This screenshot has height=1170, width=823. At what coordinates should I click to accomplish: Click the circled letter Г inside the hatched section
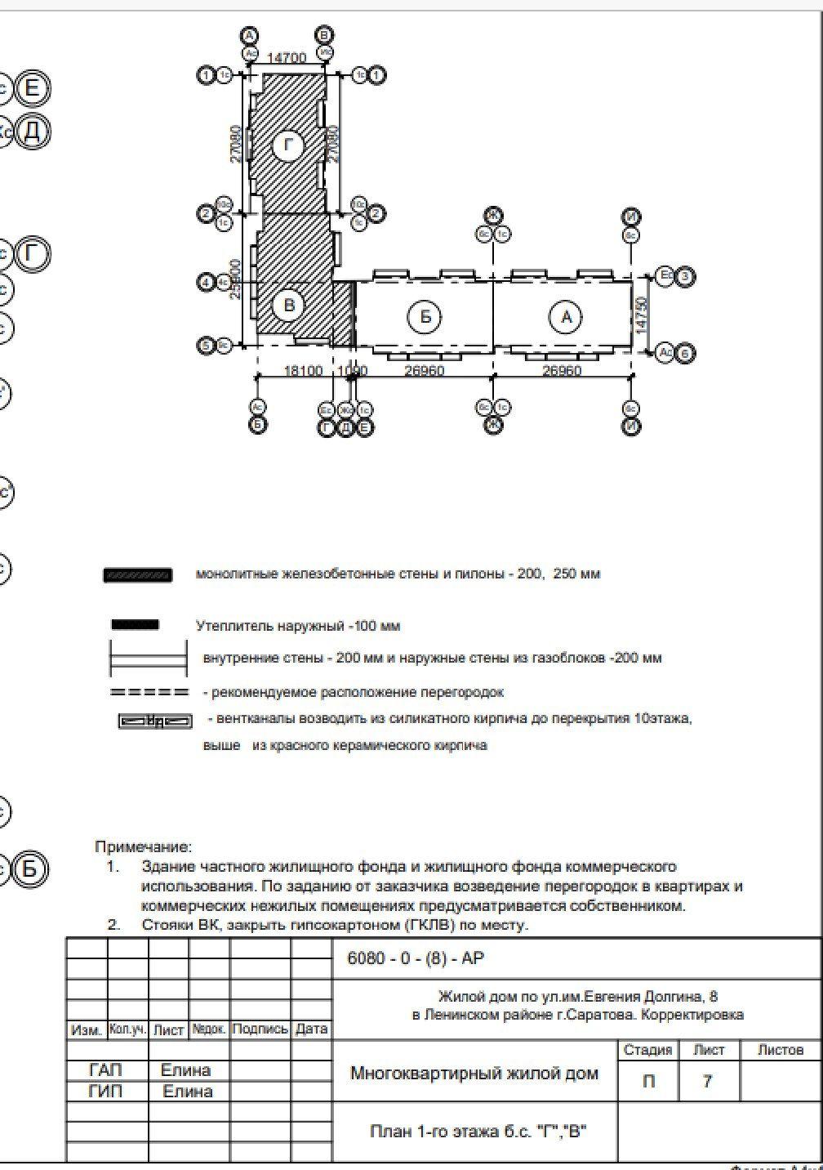287,146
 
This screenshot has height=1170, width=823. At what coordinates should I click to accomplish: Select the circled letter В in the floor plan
287,306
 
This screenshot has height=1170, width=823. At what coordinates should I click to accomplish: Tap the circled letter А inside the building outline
566,316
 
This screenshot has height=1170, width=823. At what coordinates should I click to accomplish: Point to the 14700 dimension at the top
287,58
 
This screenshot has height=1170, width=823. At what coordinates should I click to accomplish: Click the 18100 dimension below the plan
303,372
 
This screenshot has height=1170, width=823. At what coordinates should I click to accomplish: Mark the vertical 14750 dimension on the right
642,313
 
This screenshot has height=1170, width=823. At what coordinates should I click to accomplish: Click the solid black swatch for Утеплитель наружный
136,626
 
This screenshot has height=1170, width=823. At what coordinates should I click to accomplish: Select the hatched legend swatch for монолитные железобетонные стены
137,574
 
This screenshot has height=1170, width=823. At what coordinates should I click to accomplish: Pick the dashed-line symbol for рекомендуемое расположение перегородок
149,693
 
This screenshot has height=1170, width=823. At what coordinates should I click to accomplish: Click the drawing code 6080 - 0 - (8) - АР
416,959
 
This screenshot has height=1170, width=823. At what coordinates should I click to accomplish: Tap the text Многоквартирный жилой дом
474,1074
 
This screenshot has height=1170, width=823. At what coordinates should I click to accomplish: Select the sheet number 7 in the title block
707,1082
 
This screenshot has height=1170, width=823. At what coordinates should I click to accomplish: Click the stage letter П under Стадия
648,1082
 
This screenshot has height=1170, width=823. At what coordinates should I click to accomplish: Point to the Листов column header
780,1050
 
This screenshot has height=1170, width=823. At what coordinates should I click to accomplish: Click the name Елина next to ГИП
188,1092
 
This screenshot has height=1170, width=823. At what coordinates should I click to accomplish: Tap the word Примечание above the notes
144,847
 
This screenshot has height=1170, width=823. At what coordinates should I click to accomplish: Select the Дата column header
311,1029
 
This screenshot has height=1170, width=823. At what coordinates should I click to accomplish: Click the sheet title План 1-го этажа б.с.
478,1132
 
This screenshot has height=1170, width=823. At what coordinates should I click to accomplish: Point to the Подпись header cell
260,1029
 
